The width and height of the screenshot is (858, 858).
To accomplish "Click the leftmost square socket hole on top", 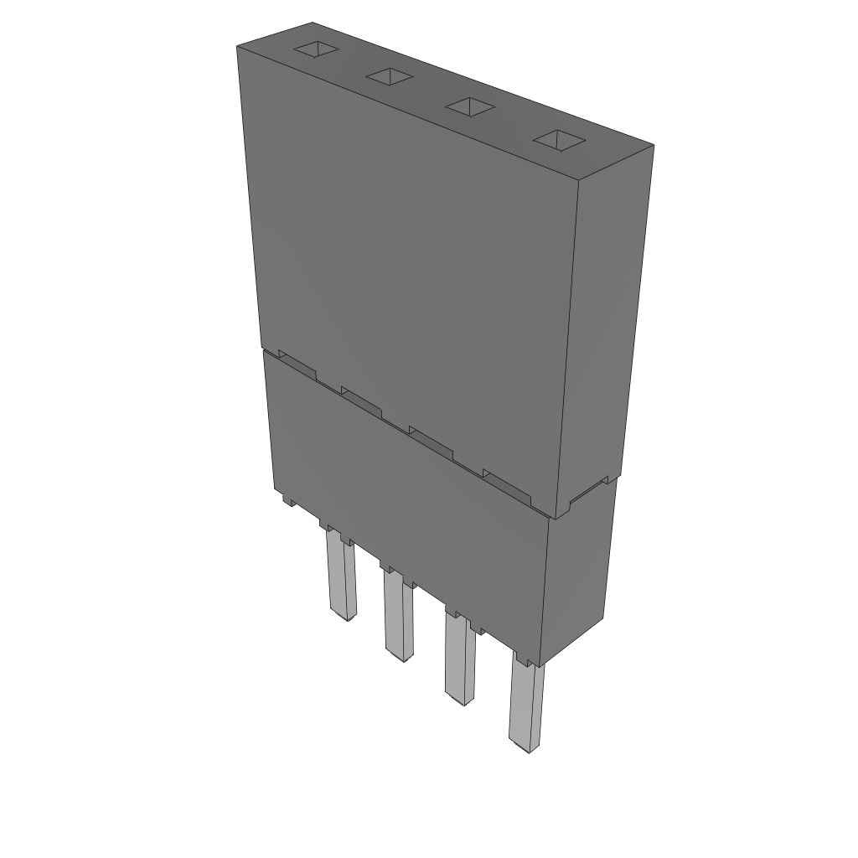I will pos(316,49).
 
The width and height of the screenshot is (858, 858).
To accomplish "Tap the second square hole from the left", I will pos(390,77).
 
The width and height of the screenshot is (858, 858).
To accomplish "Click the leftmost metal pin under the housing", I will pos(340,578).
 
